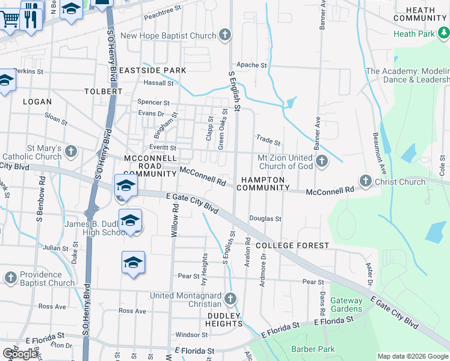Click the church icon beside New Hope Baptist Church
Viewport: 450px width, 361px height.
[x=225, y=35]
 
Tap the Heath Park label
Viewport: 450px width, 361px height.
[x=413, y=34]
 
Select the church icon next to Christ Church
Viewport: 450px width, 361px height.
[x=365, y=181]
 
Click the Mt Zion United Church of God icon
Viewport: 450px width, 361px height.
[x=322, y=161]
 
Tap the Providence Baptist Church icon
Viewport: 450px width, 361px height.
[x=11, y=278]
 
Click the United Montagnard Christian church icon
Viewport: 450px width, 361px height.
[x=230, y=299]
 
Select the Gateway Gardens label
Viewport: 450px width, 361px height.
[x=347, y=304]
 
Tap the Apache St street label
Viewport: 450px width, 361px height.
[x=251, y=65]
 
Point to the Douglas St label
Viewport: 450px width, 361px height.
[x=266, y=220]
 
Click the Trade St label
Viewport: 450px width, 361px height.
[x=268, y=141]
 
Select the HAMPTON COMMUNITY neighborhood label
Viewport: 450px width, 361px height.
[x=262, y=184]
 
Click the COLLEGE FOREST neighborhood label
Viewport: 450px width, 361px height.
[x=292, y=245]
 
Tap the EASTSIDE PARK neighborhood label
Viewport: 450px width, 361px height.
[x=152, y=70]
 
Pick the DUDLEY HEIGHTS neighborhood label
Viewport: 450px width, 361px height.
[x=225, y=319]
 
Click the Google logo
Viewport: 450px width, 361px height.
[x=20, y=353]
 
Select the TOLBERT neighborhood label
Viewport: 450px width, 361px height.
[x=103, y=91]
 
